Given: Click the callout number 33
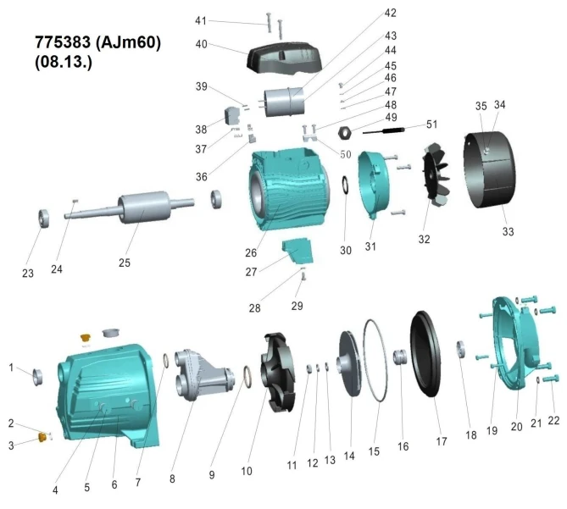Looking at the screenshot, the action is point(508,231).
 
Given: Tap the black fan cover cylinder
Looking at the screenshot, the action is point(490,169).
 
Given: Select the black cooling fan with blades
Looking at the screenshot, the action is point(436,174).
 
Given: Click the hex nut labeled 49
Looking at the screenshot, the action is point(345,133).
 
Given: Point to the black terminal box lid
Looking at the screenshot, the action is point(284,58).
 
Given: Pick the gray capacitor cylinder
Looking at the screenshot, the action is point(285,102).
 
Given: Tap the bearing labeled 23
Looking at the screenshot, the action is point(44,219).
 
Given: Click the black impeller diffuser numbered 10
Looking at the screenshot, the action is point(277,373).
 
